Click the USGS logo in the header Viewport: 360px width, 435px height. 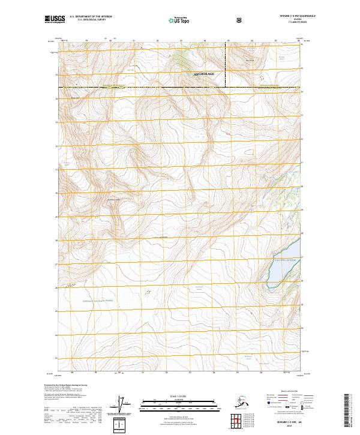click(55, 20)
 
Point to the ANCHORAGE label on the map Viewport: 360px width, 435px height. click(204, 74)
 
